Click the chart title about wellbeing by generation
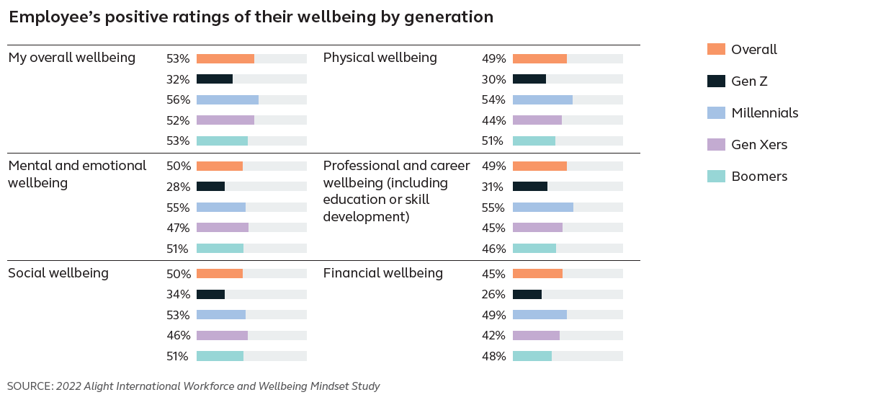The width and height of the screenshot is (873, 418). tap(251, 17)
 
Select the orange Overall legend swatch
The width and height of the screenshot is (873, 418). tap(716, 50)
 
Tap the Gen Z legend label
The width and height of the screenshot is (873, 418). tap(749, 81)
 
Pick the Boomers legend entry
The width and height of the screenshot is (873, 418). tap(759, 177)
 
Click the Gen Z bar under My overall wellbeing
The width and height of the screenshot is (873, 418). tap(215, 79)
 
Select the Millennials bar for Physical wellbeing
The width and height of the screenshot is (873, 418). tap(542, 100)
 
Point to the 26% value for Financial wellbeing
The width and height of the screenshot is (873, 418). tap(493, 294)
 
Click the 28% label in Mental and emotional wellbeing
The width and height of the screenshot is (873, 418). tap(178, 187)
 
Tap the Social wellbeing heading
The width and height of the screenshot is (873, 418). tap(58, 273)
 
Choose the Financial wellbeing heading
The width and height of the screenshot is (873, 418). tap(382, 273)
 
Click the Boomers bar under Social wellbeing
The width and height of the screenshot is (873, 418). tap(220, 356)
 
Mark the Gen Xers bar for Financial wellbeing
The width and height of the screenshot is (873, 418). tap(536, 335)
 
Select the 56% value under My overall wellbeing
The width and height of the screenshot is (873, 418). tap(178, 100)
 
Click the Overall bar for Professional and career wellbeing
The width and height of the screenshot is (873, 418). tap(540, 166)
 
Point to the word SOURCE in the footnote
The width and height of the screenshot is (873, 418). tap(30, 386)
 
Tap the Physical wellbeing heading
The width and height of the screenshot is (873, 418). tap(380, 58)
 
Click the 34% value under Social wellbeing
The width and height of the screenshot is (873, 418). tap(178, 294)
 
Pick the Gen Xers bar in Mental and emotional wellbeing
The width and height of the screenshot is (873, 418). tap(222, 228)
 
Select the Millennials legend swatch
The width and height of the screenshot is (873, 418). tap(716, 113)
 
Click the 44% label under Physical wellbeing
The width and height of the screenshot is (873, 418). tap(493, 120)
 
